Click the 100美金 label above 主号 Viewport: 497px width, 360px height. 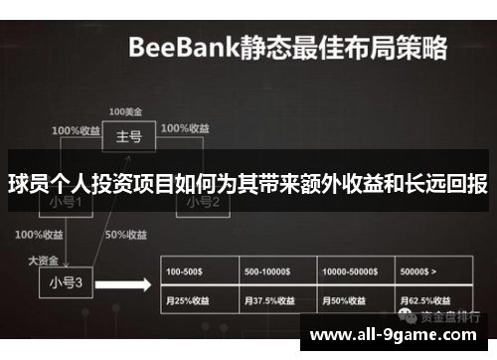[x=125, y=109]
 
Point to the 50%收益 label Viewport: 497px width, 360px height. [x=126, y=236]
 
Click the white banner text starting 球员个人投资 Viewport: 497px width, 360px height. [x=248, y=183]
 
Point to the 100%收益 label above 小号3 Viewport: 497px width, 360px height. [x=39, y=236]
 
